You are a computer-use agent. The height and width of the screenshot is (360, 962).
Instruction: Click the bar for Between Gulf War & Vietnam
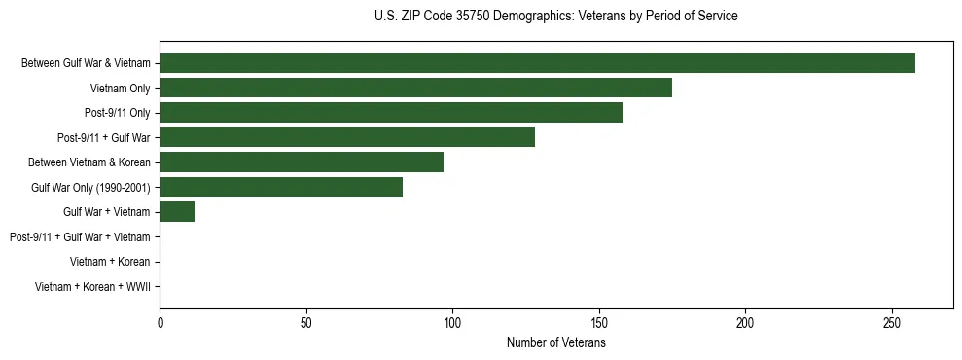(537, 63)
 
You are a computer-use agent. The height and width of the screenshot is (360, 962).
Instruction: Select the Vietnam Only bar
(415, 88)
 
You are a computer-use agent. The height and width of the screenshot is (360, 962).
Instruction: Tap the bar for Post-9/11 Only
(391, 113)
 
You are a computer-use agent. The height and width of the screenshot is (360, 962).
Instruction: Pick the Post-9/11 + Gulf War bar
(347, 137)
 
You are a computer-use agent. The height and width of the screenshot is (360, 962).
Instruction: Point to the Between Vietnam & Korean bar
(302, 162)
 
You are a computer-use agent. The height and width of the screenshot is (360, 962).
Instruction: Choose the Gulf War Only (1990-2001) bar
(281, 187)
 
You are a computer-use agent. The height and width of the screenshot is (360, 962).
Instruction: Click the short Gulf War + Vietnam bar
(177, 211)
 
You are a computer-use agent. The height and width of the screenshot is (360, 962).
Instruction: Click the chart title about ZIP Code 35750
(555, 17)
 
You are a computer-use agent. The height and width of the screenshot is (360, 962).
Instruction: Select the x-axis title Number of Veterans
(555, 343)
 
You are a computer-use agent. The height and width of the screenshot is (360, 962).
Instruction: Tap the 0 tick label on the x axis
(160, 322)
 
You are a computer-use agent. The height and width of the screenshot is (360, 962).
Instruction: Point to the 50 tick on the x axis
(306, 322)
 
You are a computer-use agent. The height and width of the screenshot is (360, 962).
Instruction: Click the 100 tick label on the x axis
(452, 322)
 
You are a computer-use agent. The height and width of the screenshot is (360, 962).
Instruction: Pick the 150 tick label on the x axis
(599, 322)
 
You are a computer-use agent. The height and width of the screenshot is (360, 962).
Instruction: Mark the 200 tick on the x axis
(745, 322)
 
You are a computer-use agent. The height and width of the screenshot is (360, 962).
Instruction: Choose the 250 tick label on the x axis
(892, 322)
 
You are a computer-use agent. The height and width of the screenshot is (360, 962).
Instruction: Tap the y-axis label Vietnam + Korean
(110, 262)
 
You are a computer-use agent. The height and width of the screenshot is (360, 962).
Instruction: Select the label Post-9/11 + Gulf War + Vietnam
(80, 236)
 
